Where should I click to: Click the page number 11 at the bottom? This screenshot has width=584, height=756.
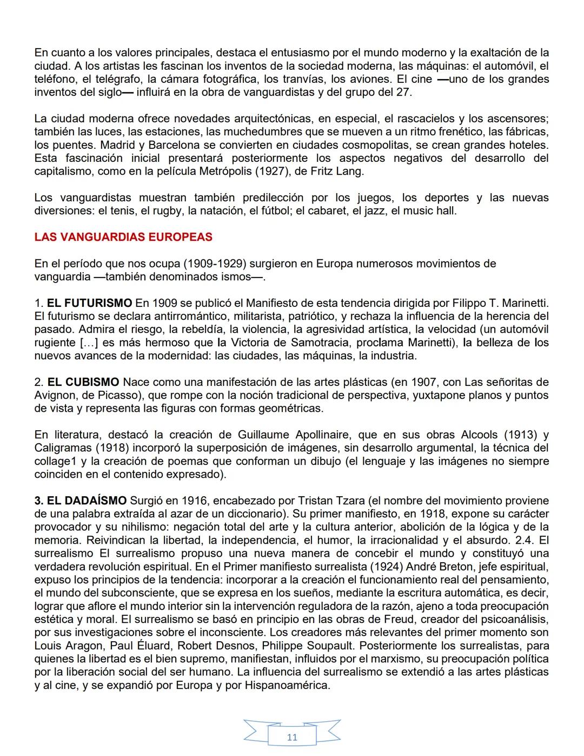tap(292, 737)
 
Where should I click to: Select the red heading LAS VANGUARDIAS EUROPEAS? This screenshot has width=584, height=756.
tap(123, 237)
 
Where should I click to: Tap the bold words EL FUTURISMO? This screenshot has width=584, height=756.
tap(90, 303)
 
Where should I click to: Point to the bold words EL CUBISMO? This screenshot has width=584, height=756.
tap(84, 382)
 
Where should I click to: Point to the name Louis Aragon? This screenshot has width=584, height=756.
tap(68, 646)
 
